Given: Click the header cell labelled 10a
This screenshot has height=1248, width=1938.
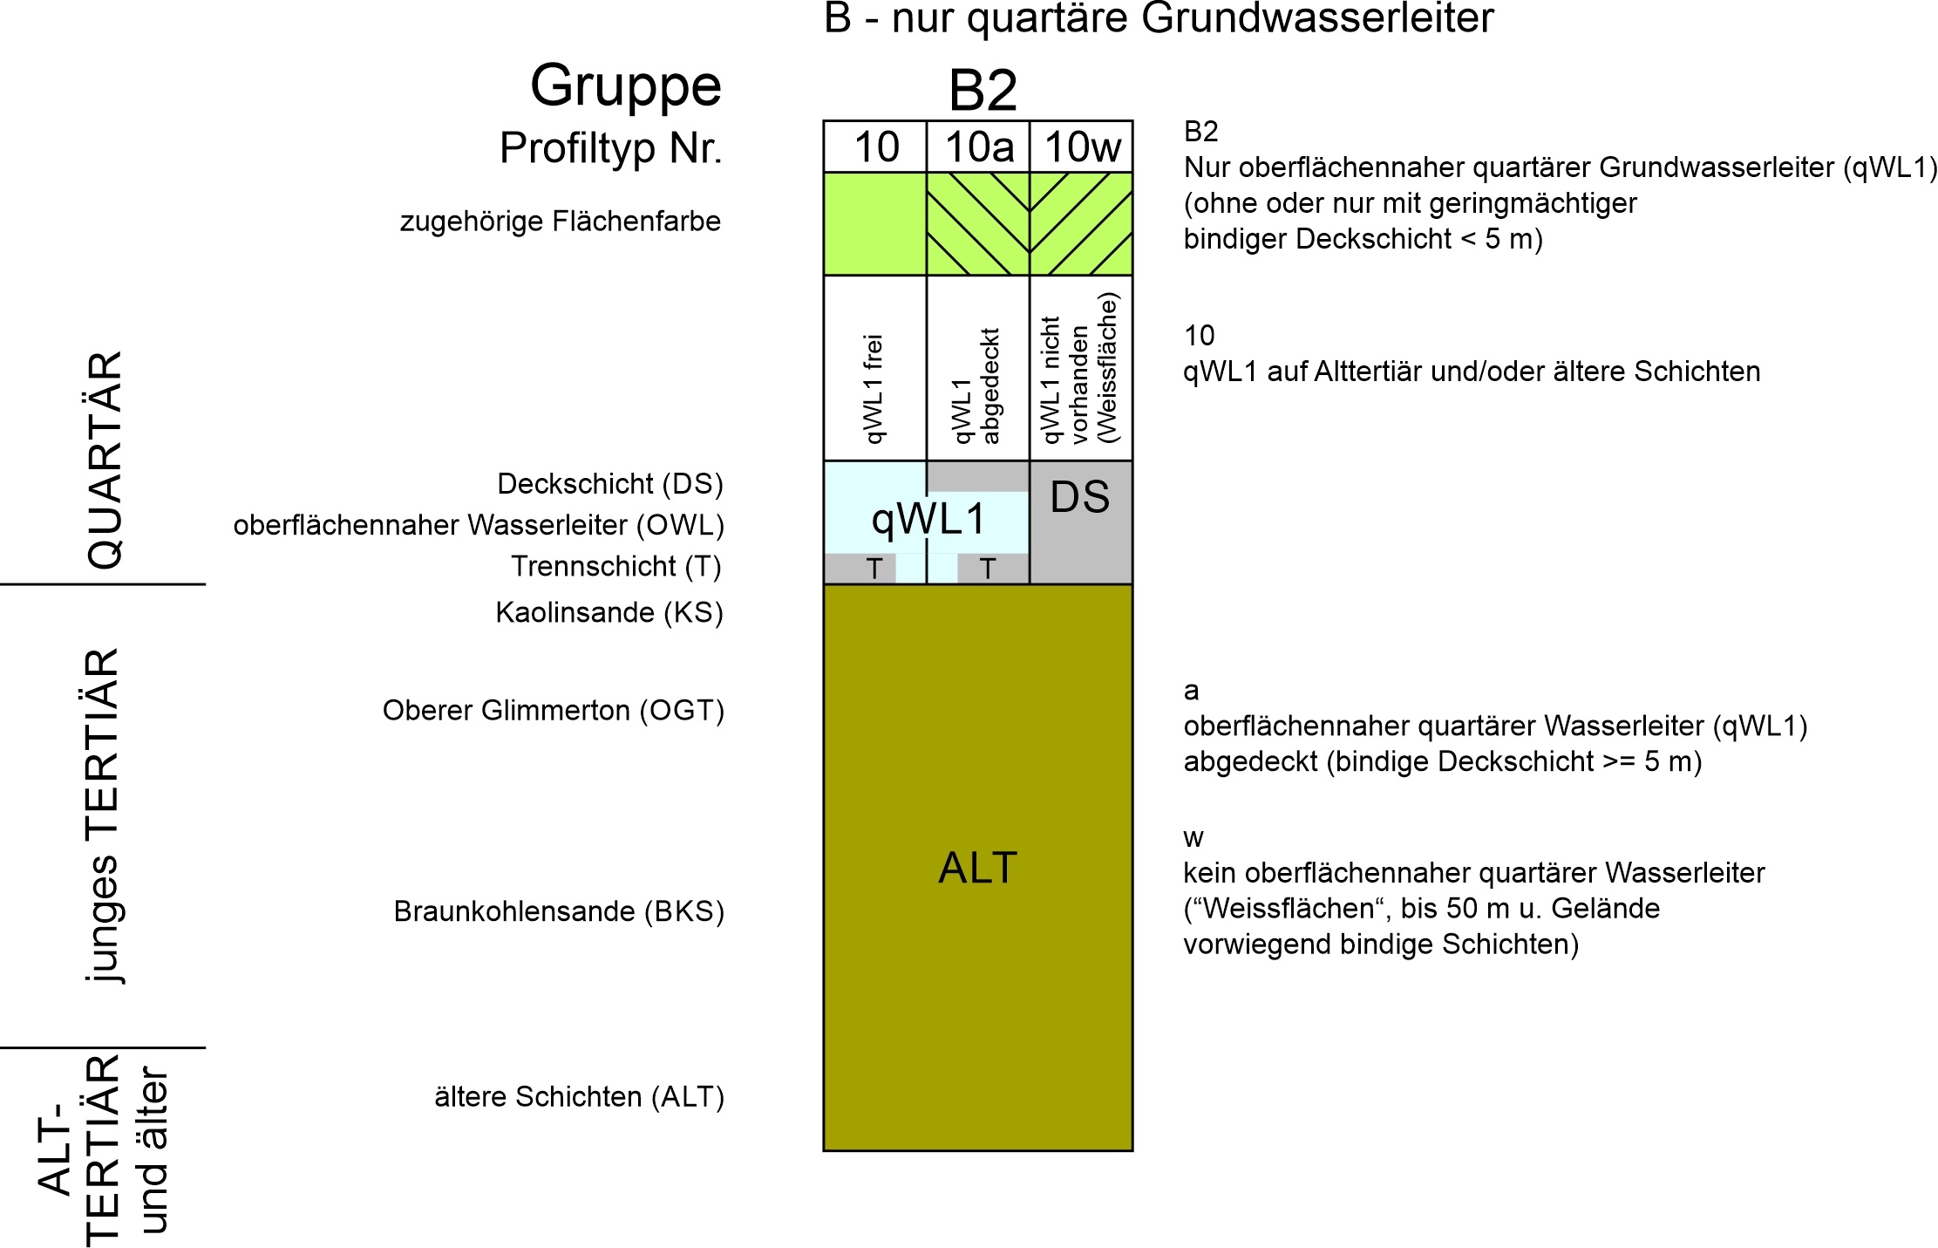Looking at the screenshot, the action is click(978, 147).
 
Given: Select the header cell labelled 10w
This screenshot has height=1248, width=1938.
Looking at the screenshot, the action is click(1081, 147).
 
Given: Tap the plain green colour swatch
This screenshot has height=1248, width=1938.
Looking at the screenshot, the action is click(875, 224).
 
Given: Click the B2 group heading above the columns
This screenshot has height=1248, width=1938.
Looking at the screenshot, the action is click(983, 90).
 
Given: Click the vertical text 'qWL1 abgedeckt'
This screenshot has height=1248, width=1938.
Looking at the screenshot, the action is click(976, 386).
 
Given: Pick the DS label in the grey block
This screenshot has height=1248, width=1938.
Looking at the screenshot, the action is click(1080, 497).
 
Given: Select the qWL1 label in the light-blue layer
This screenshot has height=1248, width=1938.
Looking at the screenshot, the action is click(928, 520).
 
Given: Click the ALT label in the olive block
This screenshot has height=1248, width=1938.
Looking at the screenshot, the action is click(978, 868).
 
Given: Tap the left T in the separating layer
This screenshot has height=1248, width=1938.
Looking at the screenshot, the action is click(874, 569).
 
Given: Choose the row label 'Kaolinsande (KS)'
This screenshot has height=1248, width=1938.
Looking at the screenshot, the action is click(609, 613).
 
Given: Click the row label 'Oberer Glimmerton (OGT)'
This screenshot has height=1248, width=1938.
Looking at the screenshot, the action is click(554, 711).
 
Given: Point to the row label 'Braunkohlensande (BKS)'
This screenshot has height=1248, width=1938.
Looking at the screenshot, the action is click(559, 911).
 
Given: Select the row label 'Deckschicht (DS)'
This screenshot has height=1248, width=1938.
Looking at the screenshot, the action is click(610, 484).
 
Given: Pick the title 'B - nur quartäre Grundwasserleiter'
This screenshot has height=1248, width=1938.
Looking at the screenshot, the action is click(1159, 19).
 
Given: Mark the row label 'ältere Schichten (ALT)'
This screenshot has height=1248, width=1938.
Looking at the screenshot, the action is click(580, 1097).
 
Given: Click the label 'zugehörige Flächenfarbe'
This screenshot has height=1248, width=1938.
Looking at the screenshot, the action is click(561, 222).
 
